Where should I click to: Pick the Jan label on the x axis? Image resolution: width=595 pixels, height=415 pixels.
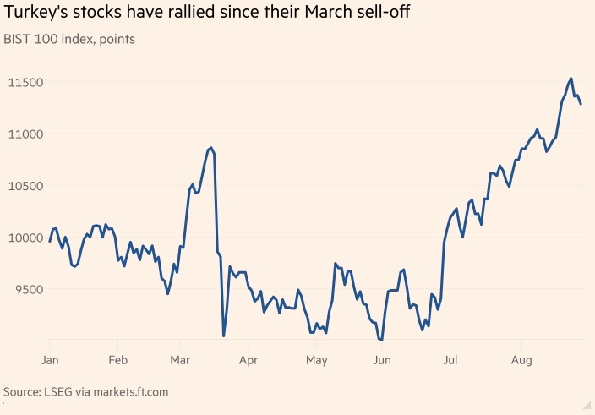[x=50, y=361]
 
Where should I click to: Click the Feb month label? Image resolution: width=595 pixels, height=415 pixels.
[x=118, y=361]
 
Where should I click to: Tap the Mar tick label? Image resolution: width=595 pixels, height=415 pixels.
[x=180, y=361]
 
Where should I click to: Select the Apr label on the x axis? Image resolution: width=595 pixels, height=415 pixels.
[x=248, y=361]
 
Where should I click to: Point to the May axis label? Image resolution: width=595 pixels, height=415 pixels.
[x=316, y=361]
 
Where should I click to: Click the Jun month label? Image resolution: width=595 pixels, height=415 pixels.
[x=382, y=361]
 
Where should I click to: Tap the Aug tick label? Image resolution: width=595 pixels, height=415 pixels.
[x=521, y=361]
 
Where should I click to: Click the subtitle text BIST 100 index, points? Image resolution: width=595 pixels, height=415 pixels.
[x=69, y=39]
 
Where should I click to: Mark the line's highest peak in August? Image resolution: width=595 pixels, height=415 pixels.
[x=571, y=79]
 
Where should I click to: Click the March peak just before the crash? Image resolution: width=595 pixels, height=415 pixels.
[x=210, y=148]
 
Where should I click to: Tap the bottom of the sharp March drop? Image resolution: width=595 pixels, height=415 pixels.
[x=223, y=336]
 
